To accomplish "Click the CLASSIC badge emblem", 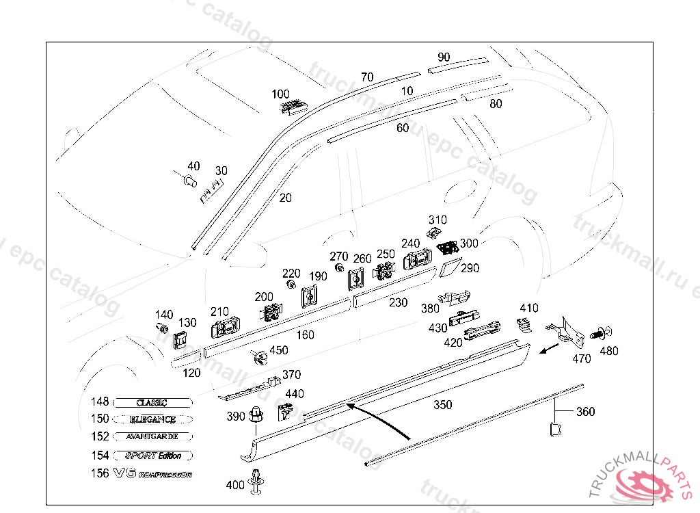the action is (153, 402).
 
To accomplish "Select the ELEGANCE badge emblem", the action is (153, 419).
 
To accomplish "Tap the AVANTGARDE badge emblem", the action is (153, 436).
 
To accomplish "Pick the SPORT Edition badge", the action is (153, 456).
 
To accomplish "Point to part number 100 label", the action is (280, 94).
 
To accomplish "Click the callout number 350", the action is (442, 405).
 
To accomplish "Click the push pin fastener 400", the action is (258, 481).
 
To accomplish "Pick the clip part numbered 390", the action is (256, 415).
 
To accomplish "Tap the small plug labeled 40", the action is (189, 180).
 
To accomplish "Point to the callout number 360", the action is (585, 412).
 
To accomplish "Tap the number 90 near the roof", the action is (444, 57).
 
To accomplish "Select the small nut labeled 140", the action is (163, 328).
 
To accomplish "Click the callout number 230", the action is (398, 302).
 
